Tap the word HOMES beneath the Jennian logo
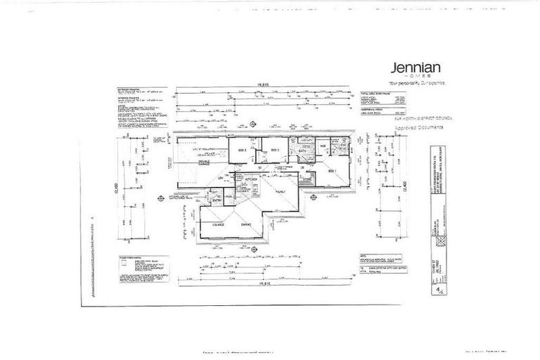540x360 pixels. click(x=420, y=77)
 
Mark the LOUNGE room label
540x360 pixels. click(x=208, y=224)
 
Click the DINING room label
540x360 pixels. click(x=245, y=224)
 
